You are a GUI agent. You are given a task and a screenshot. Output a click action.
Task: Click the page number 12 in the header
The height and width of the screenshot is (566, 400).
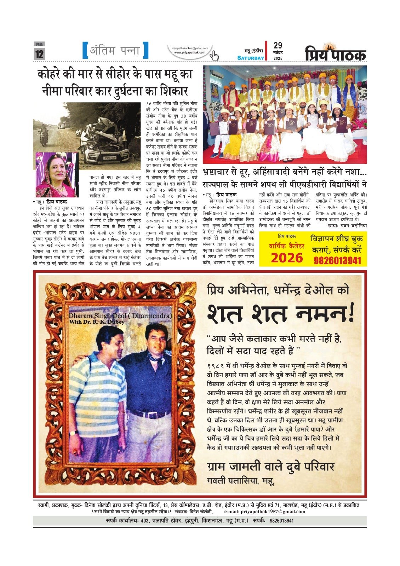[39, 54]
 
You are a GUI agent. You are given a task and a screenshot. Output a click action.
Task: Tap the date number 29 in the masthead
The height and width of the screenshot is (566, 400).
[278, 46]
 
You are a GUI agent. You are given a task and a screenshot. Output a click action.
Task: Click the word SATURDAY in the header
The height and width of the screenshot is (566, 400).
[251, 58]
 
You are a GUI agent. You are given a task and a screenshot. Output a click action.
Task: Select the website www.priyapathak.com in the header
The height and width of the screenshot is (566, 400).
[190, 52]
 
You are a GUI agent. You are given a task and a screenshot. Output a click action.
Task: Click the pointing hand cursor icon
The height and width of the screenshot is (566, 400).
[215, 56]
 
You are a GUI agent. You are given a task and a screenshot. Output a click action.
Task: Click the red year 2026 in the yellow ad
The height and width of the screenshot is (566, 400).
[287, 258]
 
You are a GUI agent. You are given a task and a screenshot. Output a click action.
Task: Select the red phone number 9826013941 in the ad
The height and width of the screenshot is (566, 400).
[337, 261]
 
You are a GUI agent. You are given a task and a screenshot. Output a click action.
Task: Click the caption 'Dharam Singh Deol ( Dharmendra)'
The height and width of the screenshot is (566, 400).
[120, 316]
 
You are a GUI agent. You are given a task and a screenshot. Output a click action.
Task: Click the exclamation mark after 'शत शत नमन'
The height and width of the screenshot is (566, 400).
[350, 314]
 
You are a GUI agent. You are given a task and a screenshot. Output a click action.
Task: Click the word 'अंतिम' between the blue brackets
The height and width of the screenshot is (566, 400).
[101, 51]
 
